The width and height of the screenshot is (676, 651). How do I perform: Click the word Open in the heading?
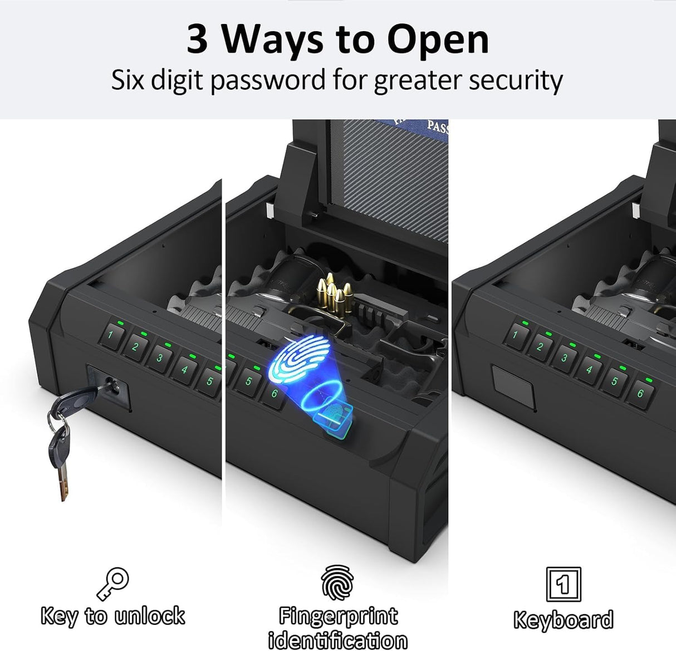(438, 40)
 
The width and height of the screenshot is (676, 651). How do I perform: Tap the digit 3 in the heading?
(198, 40)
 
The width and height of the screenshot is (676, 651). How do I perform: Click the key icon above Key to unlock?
(113, 584)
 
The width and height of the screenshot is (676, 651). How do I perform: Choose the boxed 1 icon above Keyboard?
(563, 584)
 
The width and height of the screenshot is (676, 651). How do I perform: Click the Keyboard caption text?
(563, 620)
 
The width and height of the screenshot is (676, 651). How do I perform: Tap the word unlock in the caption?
(149, 616)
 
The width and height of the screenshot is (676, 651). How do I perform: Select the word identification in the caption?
(337, 640)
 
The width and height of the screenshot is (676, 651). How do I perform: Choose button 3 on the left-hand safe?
(160, 358)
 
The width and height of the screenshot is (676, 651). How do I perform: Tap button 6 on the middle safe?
(274, 394)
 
